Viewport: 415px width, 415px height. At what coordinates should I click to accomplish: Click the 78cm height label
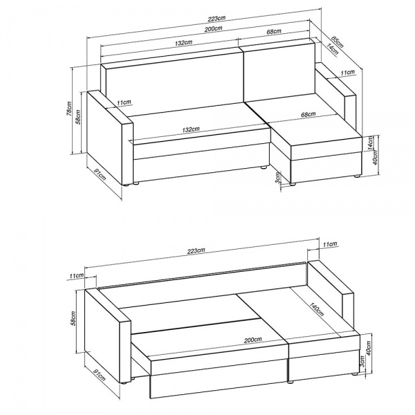[x=68, y=109]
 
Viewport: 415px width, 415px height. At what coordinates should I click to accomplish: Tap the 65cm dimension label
[x=338, y=42]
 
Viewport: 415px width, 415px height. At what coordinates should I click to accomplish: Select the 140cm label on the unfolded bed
[x=316, y=308]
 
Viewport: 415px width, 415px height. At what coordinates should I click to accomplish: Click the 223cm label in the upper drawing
[x=216, y=19]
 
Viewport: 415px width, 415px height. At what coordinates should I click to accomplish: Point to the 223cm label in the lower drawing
[x=196, y=250]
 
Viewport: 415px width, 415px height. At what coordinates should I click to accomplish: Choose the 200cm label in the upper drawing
[x=213, y=28]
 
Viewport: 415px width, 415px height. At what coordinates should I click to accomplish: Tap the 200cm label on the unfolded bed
[x=252, y=340]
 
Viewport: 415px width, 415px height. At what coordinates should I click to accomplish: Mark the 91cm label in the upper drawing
[x=100, y=175]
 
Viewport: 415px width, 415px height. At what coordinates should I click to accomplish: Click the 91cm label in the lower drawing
[x=99, y=375]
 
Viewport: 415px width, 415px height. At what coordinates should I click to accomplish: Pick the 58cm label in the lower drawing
[x=73, y=318]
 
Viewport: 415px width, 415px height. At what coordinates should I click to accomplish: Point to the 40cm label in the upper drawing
[x=376, y=158]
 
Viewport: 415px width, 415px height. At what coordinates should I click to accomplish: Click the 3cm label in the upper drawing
[x=277, y=178]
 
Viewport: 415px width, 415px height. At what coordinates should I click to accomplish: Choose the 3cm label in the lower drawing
[x=362, y=361]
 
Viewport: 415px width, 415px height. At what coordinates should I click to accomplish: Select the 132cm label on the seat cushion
[x=191, y=129]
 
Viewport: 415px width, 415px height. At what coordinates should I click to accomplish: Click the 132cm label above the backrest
[x=183, y=42]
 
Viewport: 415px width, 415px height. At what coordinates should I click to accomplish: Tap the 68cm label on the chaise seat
[x=308, y=114]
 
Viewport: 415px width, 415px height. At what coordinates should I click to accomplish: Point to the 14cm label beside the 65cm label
[x=332, y=49]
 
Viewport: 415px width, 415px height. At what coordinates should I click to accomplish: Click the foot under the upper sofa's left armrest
[x=128, y=185]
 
